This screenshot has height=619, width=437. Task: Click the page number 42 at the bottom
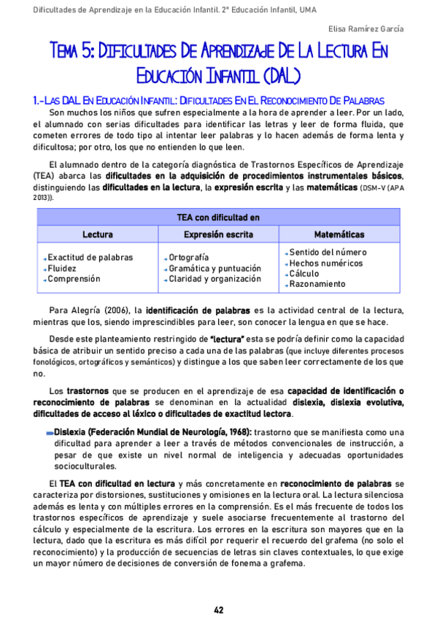click(x=218, y=610)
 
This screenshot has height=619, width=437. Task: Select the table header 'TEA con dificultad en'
click(x=218, y=217)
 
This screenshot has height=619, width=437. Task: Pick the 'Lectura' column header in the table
click(x=97, y=234)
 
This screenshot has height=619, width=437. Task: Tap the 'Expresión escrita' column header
click(x=218, y=234)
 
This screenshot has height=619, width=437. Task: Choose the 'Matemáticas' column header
click(x=339, y=234)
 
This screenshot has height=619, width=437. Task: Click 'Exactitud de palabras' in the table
click(x=90, y=258)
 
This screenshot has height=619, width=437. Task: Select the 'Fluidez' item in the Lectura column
click(x=63, y=268)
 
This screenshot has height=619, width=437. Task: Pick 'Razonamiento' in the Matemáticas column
click(x=317, y=283)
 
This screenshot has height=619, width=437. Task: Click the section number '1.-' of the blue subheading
click(x=39, y=99)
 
